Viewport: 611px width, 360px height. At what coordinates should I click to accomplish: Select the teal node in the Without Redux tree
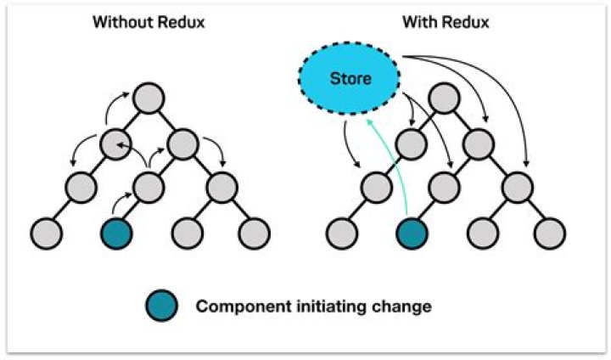116,232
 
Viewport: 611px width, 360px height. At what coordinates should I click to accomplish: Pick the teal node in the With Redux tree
411,232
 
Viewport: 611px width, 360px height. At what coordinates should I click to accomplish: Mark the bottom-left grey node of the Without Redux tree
47,232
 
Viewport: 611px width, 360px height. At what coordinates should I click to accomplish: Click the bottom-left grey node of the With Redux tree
341,232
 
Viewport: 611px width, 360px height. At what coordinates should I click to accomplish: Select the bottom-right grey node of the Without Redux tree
254,232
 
